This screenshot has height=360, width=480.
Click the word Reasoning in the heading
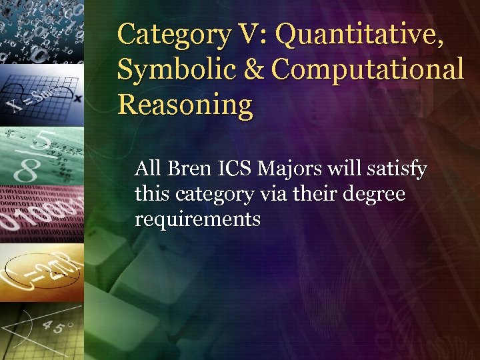185,105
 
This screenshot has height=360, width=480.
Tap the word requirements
198,219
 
